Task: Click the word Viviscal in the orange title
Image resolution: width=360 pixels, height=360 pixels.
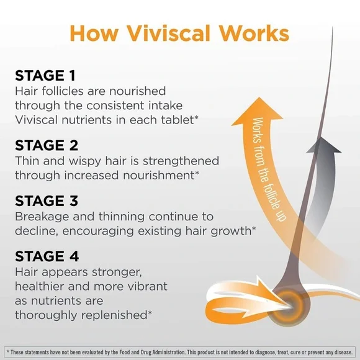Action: [169, 34]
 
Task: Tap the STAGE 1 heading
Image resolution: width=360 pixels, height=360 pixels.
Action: [45, 76]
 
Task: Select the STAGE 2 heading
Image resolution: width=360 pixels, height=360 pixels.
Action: [47, 145]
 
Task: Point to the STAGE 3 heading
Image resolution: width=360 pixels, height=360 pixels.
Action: [47, 200]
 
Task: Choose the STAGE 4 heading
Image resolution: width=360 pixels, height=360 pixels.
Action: [47, 256]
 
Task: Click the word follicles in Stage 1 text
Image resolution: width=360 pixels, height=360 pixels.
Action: [63, 91]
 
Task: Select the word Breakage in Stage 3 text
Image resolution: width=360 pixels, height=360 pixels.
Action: [42, 217]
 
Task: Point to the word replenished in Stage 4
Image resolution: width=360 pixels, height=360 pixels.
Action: [112, 315]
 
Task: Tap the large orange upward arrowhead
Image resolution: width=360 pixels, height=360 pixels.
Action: [258, 112]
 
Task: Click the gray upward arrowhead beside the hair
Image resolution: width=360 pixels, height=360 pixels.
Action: [324, 145]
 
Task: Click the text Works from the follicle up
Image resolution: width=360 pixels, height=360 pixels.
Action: [268, 169]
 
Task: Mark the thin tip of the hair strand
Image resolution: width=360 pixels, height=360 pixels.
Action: [332, 28]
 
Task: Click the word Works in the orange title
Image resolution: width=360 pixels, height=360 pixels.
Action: [254, 34]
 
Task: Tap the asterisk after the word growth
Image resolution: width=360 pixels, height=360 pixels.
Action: [254, 228]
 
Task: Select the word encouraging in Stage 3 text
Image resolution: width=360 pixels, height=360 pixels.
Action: [98, 232]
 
